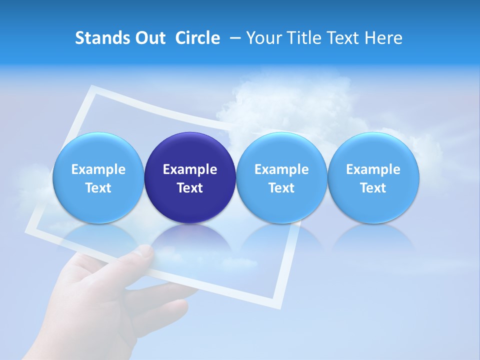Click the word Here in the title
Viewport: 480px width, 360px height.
383,38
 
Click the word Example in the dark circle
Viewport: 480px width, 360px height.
190,169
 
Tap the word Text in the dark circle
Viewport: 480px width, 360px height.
190,188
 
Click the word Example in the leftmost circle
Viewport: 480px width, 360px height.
98,169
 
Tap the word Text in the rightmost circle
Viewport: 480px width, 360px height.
373,188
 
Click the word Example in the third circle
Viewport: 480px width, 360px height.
281,169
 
